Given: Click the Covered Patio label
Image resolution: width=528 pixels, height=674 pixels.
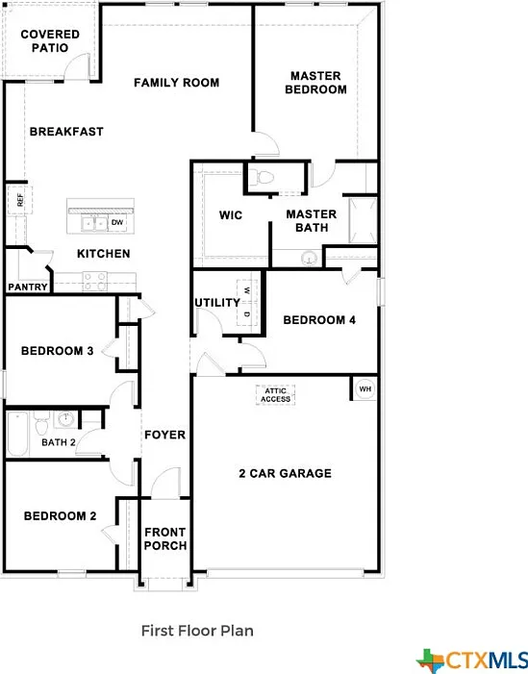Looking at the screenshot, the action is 50,40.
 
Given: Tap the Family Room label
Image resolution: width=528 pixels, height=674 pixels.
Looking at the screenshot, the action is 176,83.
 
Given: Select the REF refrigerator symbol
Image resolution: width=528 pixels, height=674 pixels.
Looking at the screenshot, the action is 20,199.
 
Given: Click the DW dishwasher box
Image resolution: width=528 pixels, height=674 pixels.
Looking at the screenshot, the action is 117,223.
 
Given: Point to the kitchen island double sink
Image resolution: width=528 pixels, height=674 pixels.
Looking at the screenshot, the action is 94,224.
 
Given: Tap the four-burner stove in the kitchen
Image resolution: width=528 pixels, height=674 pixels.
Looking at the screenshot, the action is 95,281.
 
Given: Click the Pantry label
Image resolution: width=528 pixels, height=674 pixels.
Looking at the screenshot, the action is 28,287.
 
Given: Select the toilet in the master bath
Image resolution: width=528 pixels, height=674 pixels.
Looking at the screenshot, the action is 262,177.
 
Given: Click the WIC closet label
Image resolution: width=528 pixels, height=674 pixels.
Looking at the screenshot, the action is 231,215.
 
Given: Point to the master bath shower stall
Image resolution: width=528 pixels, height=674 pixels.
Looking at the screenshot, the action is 364,220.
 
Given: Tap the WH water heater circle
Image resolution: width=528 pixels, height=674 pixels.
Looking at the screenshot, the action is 365,389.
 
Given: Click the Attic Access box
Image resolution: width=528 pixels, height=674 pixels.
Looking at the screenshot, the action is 276,395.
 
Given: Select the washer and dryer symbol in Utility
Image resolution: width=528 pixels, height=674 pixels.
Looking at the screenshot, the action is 247,302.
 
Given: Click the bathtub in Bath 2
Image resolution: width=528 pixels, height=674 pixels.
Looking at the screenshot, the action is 17,434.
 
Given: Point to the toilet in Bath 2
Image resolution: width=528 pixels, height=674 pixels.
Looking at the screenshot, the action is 41,422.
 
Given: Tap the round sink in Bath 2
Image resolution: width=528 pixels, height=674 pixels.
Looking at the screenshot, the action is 65,418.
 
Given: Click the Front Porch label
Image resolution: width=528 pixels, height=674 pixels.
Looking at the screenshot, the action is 165,538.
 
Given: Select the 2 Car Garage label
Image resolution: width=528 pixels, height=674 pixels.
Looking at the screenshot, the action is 285,473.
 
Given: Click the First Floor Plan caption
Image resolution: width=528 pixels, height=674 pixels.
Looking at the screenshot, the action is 197,631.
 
